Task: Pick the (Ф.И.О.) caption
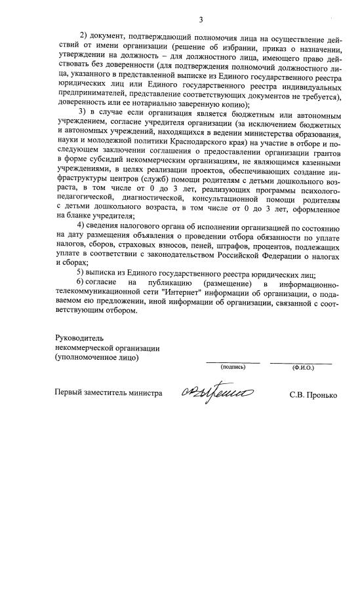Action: coord(303,368)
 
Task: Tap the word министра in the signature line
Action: coord(143,394)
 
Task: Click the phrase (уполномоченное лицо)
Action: coord(97,357)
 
